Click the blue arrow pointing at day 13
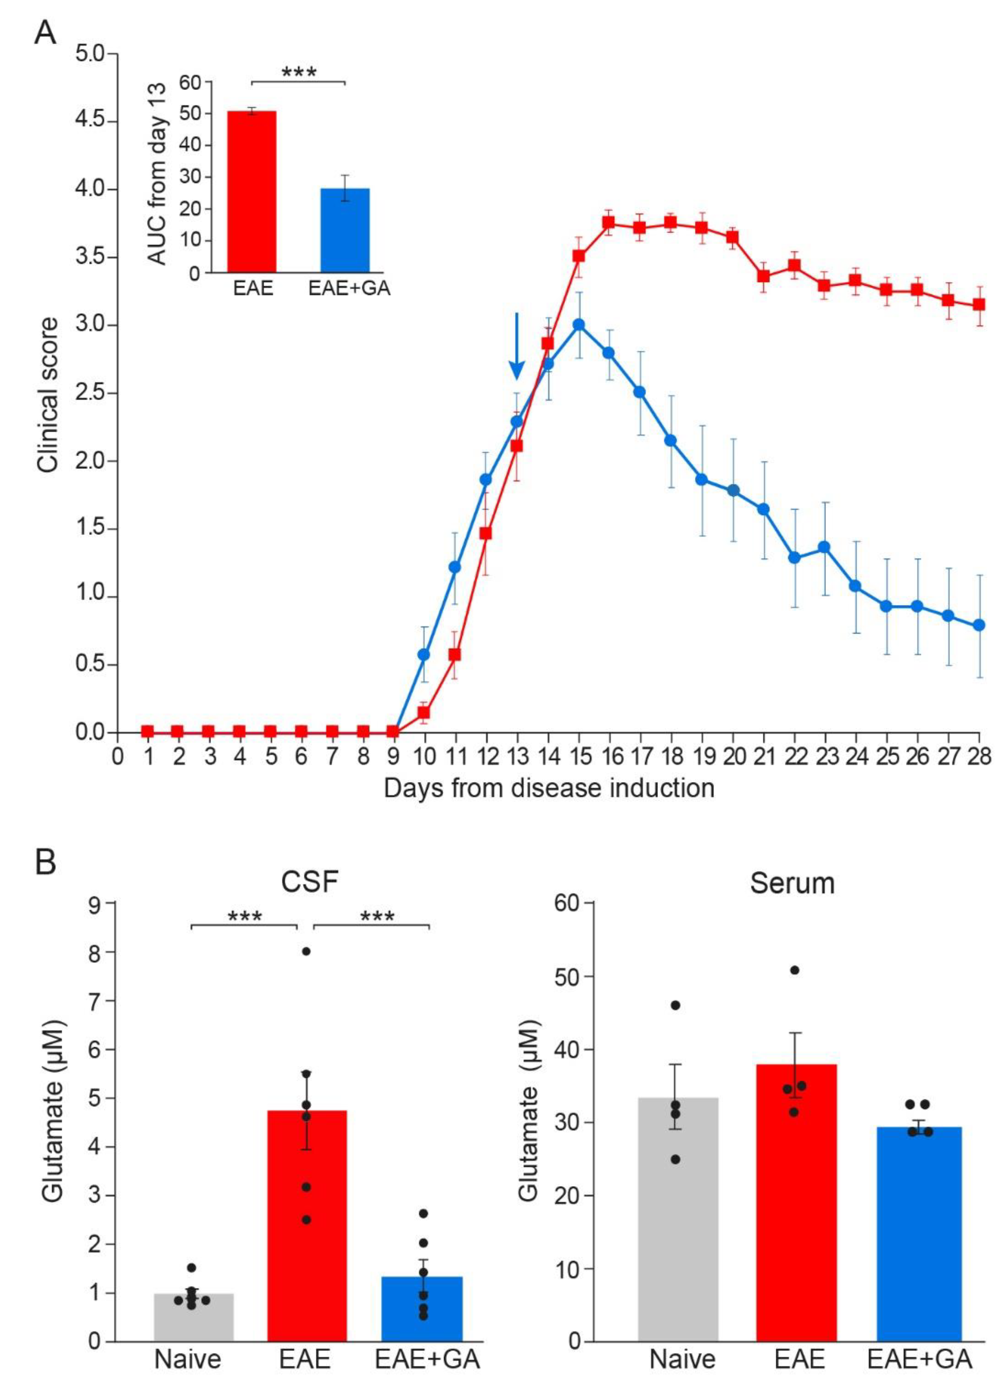point(517,346)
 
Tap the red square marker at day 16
point(608,223)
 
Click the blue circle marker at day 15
point(579,325)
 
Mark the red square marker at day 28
point(979,305)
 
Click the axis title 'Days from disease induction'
point(549,788)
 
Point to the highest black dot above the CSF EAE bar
point(307,951)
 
